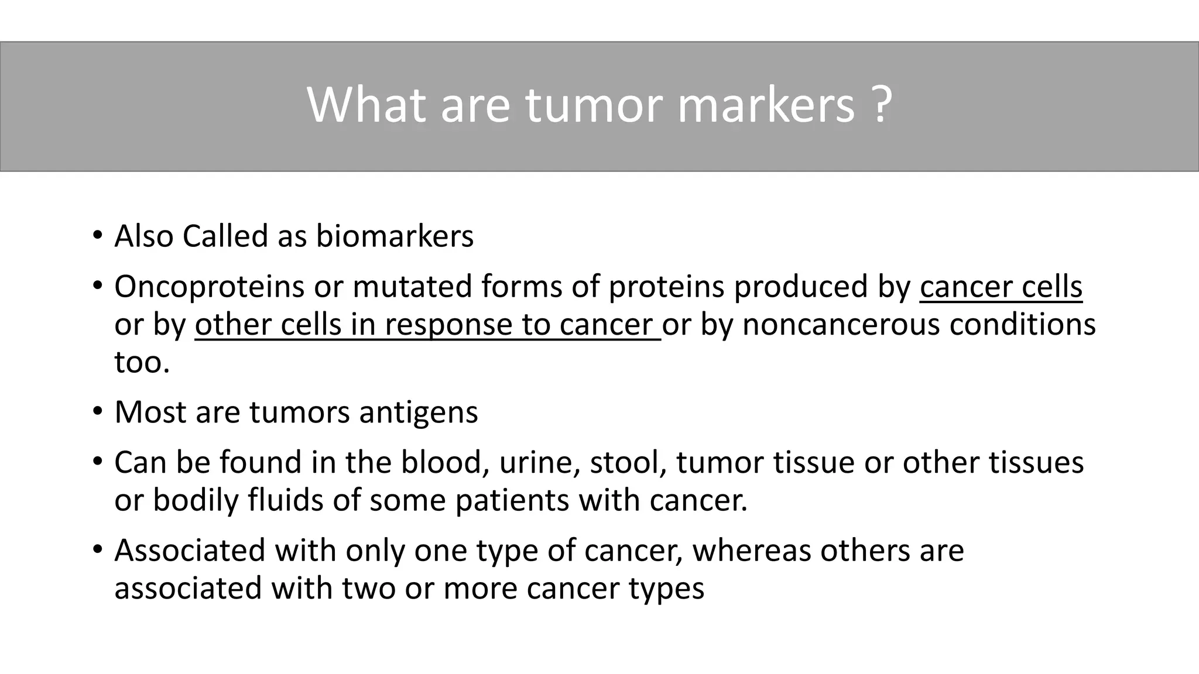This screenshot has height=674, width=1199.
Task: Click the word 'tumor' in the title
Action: [594, 105]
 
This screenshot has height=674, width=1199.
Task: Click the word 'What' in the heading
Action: [366, 105]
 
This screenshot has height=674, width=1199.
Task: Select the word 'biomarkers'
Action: [395, 236]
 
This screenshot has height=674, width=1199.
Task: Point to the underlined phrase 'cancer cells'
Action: [1001, 287]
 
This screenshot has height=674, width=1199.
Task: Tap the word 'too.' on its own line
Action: [142, 362]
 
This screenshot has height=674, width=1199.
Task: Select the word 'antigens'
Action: [418, 412]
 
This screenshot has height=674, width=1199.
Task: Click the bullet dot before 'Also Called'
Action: [97, 236]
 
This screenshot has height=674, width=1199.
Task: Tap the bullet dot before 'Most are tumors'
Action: [97, 412]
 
